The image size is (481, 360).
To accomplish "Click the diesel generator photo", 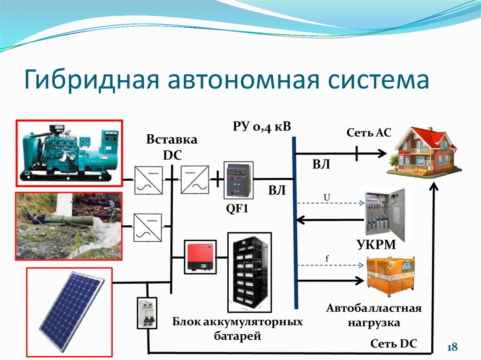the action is click(70, 153).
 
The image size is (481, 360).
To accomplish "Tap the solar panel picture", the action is click(70, 312).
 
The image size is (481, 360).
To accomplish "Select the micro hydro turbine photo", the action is click(69, 226).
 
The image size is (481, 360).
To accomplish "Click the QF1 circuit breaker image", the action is click(239, 180).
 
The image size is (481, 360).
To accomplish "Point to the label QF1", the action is click(237, 209).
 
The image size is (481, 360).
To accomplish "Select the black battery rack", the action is click(250, 272).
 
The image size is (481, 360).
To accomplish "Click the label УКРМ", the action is click(376, 245).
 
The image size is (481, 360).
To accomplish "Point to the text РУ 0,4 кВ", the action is click(262, 126).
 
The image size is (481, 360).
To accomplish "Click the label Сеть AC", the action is click(369, 132).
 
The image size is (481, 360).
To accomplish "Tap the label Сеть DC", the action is click(394, 344).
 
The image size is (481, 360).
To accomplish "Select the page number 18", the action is click(452, 347).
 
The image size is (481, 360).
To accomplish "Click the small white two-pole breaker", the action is click(147, 313).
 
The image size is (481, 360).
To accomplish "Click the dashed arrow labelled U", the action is click(331, 203).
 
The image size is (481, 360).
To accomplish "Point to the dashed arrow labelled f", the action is click(331, 265).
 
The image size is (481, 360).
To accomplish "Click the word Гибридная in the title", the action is click(91, 80).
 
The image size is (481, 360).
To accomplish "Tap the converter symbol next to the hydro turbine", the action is click(147, 227).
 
